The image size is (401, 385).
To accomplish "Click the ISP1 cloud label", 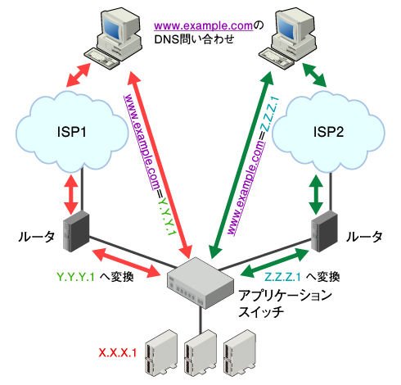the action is pyautogui.click(x=72, y=132).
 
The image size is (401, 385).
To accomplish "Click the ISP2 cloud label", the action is pyautogui.click(x=328, y=132).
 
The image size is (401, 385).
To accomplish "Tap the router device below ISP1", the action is pyautogui.click(x=76, y=232).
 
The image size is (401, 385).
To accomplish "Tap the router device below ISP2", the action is pyautogui.click(x=324, y=232).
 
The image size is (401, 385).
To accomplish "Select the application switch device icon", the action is pyautogui.click(x=200, y=282).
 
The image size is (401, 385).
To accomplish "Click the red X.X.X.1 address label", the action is pyautogui.click(x=117, y=353).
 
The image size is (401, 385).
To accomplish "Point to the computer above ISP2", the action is pyautogui.click(x=288, y=38).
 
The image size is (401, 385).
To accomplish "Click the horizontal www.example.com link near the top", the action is pyautogui.click(x=204, y=26).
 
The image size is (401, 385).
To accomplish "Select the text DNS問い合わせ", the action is pyautogui.click(x=194, y=39).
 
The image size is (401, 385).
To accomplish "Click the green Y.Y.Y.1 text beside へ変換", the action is pyautogui.click(x=75, y=277).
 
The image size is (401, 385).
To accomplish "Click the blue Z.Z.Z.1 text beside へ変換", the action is pyautogui.click(x=282, y=277).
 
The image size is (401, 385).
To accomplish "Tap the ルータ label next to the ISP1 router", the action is pyautogui.click(x=36, y=237).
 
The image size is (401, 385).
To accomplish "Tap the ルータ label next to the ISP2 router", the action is pyautogui.click(x=364, y=237).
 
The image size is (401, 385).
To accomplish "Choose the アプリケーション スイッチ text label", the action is pyautogui.click(x=285, y=304).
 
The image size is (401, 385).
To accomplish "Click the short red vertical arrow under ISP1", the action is pyautogui.click(x=72, y=194).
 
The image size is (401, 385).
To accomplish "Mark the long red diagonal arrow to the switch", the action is pyautogui.click(x=160, y=165).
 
